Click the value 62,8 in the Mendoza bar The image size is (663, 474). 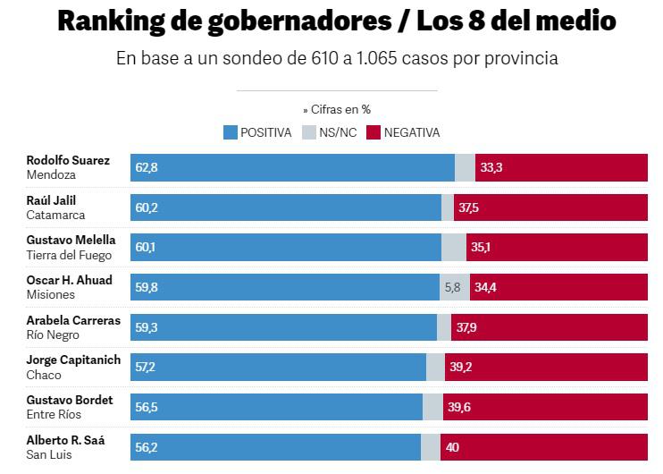pyautogui.click(x=147, y=167)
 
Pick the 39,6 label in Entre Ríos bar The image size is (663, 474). pyautogui.click(x=459, y=407)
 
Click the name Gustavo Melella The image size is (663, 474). pyautogui.click(x=71, y=240)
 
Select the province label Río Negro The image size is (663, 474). pyautogui.click(x=53, y=335)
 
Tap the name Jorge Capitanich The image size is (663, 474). pyautogui.click(x=73, y=360)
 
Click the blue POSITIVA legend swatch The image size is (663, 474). pyautogui.click(x=231, y=132)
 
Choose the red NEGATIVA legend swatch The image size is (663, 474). pyautogui.click(x=373, y=132)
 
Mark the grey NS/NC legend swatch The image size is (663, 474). pyautogui.click(x=308, y=132)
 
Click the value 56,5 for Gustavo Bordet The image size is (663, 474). pyautogui.click(x=147, y=407)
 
